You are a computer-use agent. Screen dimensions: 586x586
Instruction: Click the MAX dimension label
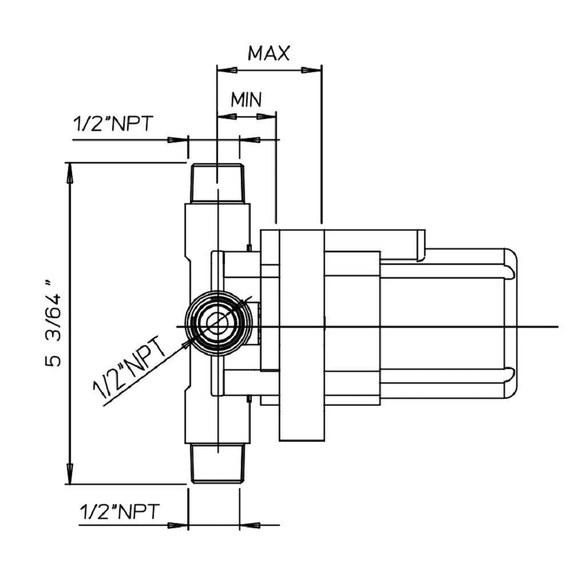(268, 53)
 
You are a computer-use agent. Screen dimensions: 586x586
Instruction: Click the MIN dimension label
(246, 99)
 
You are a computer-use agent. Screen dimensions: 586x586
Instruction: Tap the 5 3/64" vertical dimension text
(53, 323)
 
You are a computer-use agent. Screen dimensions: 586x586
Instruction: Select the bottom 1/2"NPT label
(119, 512)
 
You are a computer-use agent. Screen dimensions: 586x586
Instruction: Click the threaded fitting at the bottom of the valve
(217, 463)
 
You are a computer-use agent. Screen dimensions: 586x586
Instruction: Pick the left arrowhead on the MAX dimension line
(227, 70)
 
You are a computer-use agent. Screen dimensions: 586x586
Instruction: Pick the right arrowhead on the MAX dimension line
(311, 70)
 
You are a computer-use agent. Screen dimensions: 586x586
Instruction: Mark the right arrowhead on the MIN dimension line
(266, 117)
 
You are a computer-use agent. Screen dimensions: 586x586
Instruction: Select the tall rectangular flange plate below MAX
(302, 335)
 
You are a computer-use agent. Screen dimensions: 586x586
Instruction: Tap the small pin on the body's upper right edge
(249, 247)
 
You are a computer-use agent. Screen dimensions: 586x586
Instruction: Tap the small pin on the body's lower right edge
(249, 400)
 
